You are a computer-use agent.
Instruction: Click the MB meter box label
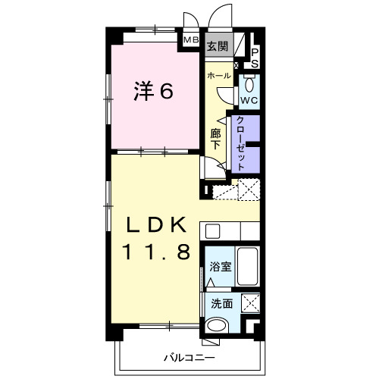coord(191,39)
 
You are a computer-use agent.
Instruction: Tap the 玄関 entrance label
coord(217,46)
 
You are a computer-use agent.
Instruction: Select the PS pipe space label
coord(255,58)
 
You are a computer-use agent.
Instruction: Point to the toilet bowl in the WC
coord(249,84)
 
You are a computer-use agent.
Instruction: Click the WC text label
coord(249,101)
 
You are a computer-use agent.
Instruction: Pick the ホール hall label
coord(219,75)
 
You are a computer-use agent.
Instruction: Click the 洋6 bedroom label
coord(153,91)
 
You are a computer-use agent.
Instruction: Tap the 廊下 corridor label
coord(215,139)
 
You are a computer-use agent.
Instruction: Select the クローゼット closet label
coord(240,143)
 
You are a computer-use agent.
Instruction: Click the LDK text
coord(157,225)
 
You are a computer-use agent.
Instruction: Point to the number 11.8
coord(156,252)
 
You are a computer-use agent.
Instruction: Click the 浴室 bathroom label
coord(221,267)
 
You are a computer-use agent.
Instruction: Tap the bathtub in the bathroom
coord(248,266)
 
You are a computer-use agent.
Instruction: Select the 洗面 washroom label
coord(222,304)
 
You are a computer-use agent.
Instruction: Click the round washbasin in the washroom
coord(217,325)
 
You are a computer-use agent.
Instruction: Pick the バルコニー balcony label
coord(189,358)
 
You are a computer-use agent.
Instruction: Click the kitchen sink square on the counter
coord(212,231)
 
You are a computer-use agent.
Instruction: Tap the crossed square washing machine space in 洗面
coord(250,303)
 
